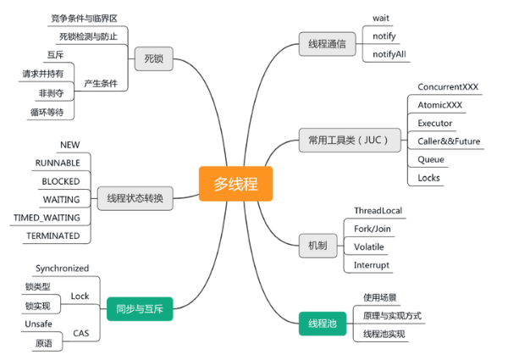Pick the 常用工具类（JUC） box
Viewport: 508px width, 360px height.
[x=349, y=141]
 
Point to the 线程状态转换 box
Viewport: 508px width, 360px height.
[x=135, y=199]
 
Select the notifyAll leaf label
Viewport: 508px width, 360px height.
[x=390, y=54]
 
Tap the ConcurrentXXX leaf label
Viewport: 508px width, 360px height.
[x=450, y=87]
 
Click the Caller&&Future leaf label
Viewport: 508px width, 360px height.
[x=449, y=141]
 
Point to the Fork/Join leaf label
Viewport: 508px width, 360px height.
[x=373, y=229]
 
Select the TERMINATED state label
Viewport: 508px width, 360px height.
[x=52, y=235]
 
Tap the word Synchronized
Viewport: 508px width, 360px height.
[x=62, y=269]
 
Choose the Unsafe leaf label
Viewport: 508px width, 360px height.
[x=41, y=325]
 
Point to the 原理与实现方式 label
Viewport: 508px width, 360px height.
[x=392, y=315]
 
